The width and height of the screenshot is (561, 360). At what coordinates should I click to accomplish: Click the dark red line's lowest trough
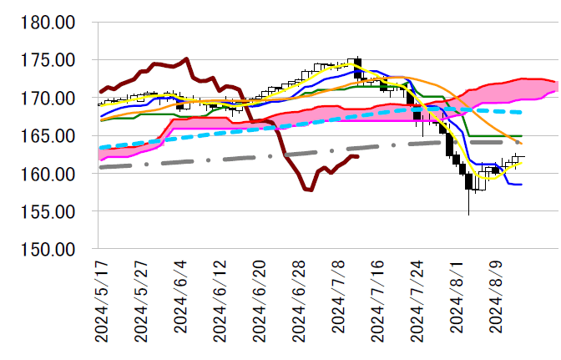309,190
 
